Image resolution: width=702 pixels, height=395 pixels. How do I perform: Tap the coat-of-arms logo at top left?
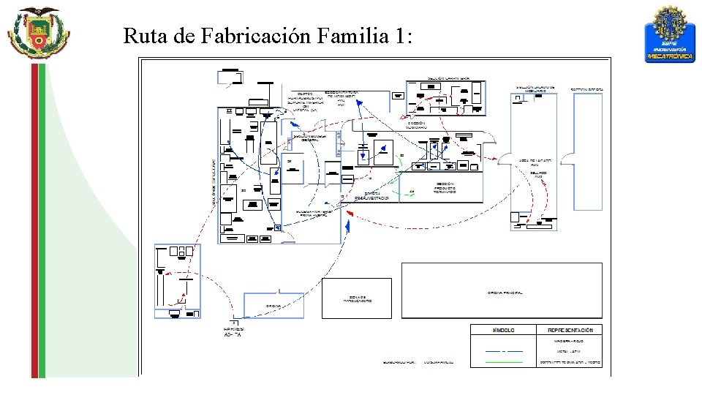[x=38, y=32]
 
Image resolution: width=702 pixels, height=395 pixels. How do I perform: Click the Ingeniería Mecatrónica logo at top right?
[x=670, y=34]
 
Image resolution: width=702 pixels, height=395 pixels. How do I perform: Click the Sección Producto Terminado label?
[x=445, y=188]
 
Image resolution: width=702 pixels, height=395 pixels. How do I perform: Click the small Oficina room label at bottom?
[x=273, y=306]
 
